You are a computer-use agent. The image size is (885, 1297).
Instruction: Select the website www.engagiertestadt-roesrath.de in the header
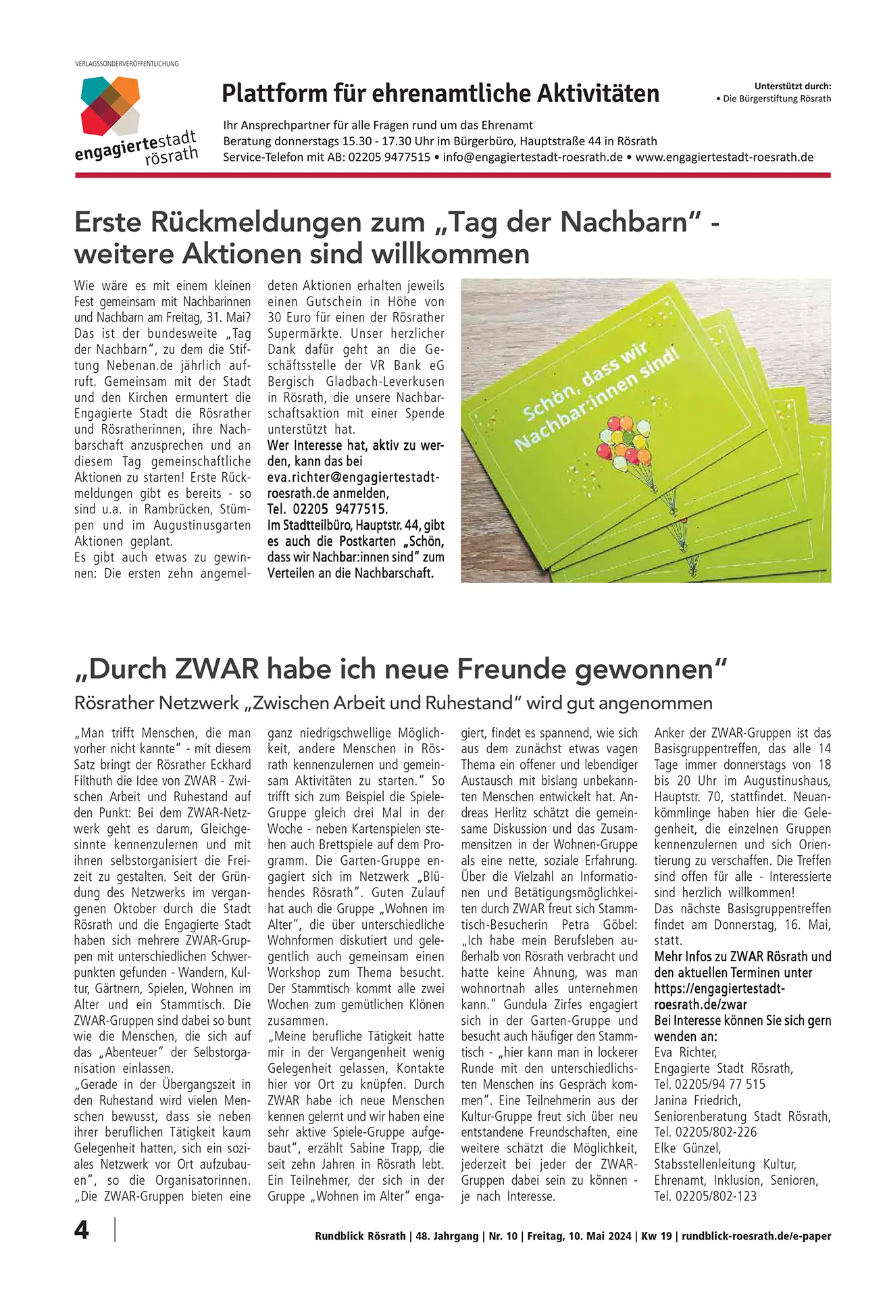click(724, 157)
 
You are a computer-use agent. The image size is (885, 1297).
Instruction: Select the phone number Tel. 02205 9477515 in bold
click(328, 509)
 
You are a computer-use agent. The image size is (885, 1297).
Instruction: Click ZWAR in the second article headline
click(217, 669)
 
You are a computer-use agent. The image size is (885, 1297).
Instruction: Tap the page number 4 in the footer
click(82, 1230)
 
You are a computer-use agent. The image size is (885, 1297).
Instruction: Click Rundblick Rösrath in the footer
click(360, 1236)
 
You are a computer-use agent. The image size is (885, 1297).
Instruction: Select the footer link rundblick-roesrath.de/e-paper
click(756, 1236)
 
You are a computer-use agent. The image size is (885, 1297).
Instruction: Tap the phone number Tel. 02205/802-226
click(705, 1132)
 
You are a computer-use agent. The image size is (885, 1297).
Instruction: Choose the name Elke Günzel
click(687, 1148)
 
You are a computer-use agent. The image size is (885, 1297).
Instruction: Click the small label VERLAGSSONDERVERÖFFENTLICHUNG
click(127, 63)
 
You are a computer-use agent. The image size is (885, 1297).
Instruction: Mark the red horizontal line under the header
click(453, 175)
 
